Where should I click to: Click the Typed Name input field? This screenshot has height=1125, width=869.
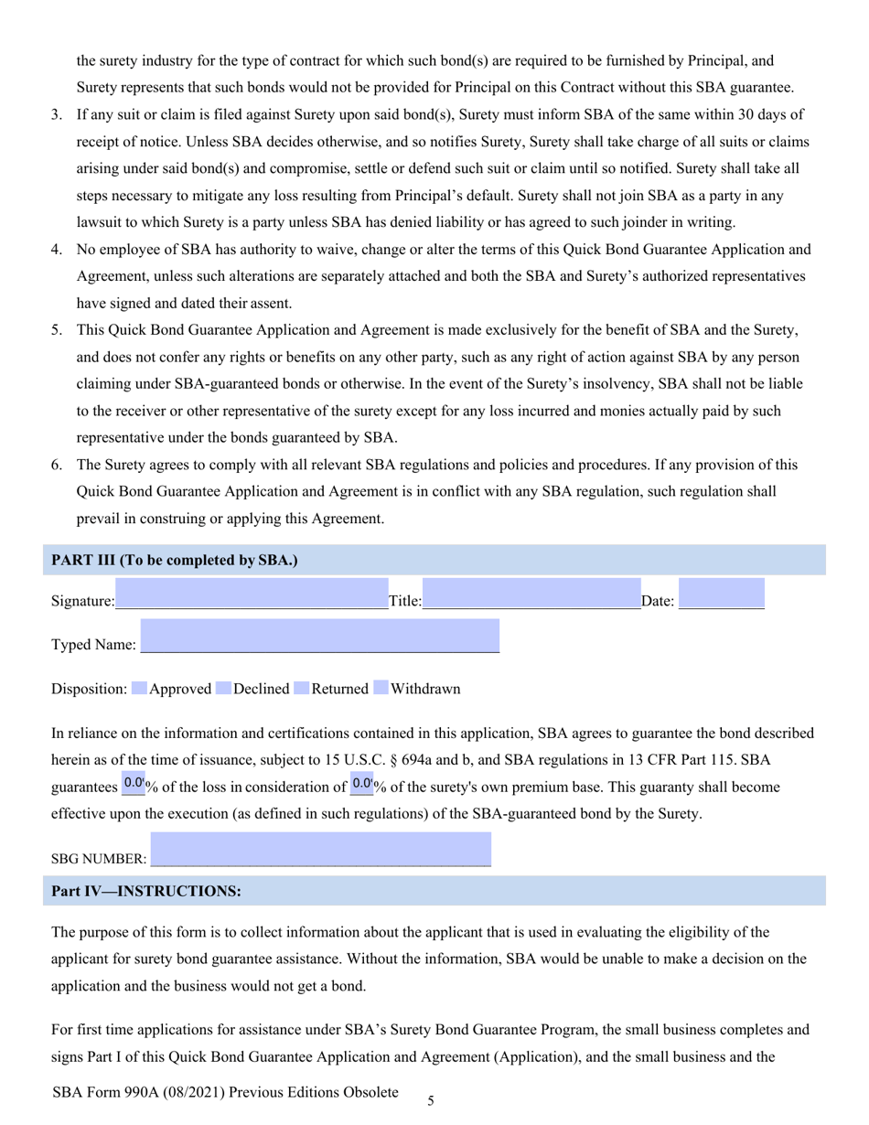click(320, 636)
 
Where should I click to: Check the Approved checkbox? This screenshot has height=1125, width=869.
click(139, 689)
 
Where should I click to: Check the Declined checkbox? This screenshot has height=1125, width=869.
click(223, 689)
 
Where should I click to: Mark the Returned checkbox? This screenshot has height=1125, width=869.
click(301, 689)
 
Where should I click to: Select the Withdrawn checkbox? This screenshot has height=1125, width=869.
click(381, 689)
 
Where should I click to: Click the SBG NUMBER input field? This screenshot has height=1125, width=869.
click(320, 850)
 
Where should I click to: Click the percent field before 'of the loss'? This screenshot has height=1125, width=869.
click(133, 784)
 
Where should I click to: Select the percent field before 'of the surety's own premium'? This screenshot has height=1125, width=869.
click(361, 784)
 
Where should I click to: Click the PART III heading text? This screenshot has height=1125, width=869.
click(175, 560)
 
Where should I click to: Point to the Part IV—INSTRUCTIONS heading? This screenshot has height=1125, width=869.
click(146, 891)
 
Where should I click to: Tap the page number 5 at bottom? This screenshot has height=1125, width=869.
click(431, 1101)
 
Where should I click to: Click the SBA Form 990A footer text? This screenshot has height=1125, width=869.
click(226, 1092)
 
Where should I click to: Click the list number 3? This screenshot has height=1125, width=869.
click(56, 114)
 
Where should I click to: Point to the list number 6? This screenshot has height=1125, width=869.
click(56, 465)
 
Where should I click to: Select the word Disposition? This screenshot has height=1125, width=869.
click(89, 689)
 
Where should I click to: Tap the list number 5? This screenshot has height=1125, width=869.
click(56, 329)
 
